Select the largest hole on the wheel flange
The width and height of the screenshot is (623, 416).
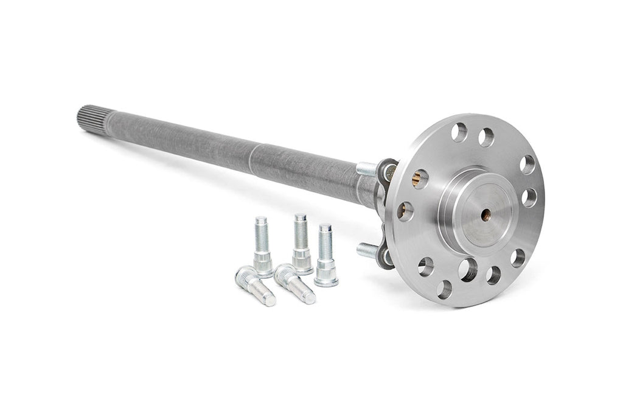click(x=468, y=270)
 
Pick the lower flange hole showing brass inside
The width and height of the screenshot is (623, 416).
click(x=405, y=211)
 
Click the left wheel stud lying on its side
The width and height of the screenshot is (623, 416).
click(x=254, y=286)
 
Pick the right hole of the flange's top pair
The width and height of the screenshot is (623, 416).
click(x=486, y=138)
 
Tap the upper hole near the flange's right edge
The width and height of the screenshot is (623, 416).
click(x=527, y=165)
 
